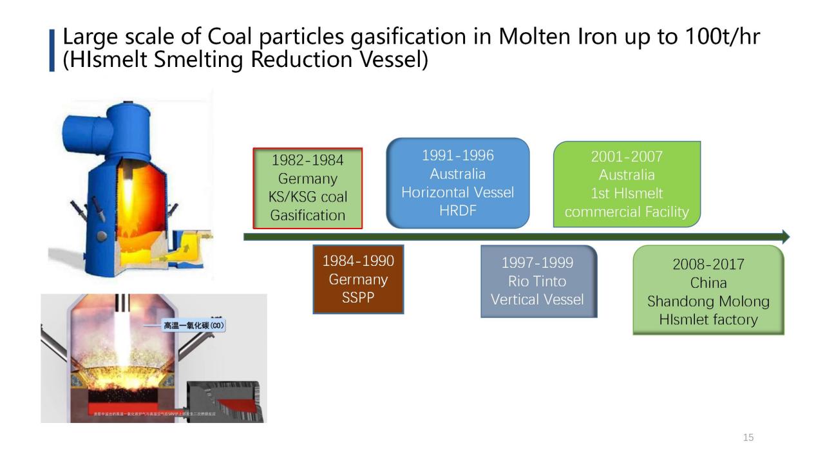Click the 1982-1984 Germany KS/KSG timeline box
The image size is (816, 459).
pos(307,188)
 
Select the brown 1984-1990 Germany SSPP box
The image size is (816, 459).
pos(358,279)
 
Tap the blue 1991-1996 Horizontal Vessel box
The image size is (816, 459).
pos(457,183)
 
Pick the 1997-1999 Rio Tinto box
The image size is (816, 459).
pos(538,281)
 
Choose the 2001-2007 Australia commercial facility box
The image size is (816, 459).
pos(626,184)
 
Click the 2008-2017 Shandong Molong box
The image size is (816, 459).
pos(708,291)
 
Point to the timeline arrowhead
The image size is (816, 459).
pos(785,237)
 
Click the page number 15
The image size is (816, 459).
pos(748,438)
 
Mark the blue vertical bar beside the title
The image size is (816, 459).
pos(52,50)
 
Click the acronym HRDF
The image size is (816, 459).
pos(457,211)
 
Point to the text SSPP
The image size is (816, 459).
pos(358,298)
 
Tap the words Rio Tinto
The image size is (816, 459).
pos(537,281)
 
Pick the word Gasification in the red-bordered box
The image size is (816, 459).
pos(307,216)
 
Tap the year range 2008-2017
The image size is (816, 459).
pos(708,264)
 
